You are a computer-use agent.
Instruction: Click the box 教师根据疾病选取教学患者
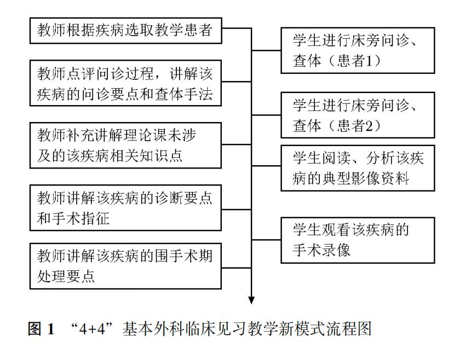tap(125, 30)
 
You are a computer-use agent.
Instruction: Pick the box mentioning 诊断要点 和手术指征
tap(125, 208)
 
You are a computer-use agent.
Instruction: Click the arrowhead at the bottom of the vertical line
tap(251, 299)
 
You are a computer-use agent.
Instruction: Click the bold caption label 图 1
tap(41, 330)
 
